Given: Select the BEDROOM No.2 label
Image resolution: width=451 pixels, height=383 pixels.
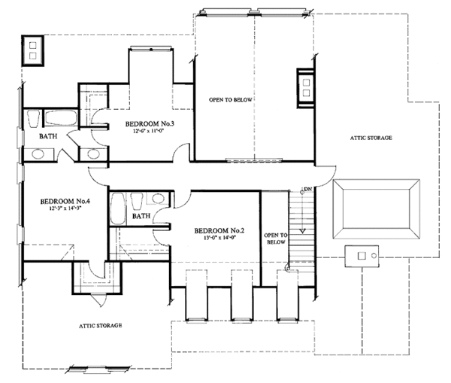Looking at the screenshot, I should (219, 231).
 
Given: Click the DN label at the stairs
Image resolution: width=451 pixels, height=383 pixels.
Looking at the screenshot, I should (307, 189).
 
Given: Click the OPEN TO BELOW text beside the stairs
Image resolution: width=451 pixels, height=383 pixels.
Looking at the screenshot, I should (275, 239).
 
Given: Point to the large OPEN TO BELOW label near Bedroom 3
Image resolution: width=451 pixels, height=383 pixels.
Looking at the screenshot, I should (231, 99).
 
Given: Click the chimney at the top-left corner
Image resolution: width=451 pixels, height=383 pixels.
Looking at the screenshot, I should (34, 50).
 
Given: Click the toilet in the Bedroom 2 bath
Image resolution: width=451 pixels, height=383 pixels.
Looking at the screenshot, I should (138, 201).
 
